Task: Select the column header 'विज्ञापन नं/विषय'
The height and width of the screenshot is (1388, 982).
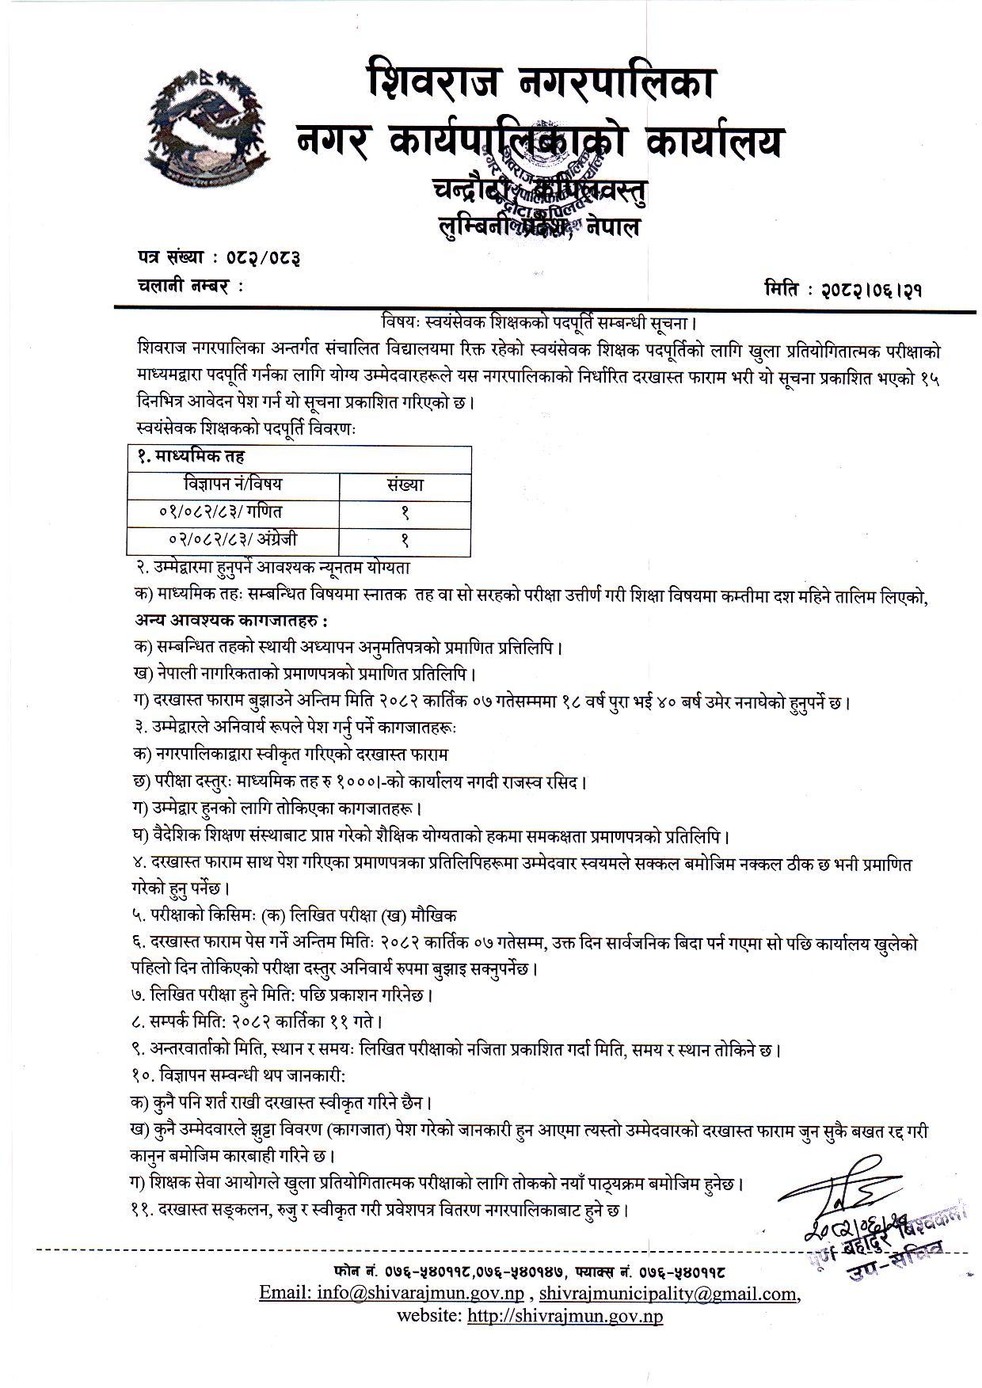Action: coord(233,484)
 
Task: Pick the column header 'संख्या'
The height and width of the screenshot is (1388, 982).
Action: coord(405,484)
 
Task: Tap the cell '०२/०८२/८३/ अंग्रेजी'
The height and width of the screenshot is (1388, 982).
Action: coord(233,539)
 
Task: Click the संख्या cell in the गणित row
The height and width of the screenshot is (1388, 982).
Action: coord(405,512)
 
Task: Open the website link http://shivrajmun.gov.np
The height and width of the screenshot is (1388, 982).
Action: coord(565,1316)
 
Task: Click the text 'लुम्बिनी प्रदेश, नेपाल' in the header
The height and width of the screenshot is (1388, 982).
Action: coord(539,226)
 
